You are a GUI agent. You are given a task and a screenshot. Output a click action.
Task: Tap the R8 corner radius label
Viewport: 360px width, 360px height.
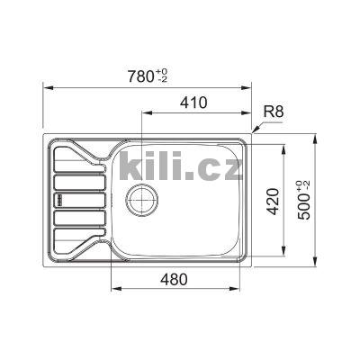pyautogui.click(x=274, y=112)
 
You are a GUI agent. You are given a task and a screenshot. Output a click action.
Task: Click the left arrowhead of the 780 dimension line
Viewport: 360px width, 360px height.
pyautogui.click(x=47, y=87)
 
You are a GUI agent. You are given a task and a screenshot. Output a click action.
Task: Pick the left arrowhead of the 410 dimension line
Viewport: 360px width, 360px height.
pyautogui.click(x=145, y=114)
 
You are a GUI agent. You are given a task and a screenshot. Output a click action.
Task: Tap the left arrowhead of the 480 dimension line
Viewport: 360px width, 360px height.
pyautogui.click(x=113, y=290)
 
